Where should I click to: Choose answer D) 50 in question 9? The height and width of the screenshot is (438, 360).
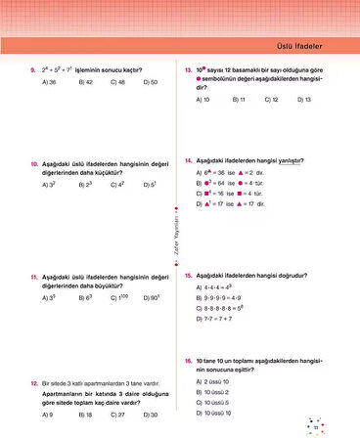[x=150, y=82]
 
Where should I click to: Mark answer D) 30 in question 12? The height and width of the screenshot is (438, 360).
[x=150, y=414]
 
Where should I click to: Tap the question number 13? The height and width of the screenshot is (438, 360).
[x=187, y=70]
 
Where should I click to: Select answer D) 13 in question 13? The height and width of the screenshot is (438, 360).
[x=301, y=100]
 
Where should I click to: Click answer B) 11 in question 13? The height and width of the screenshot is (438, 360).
[x=239, y=100]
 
